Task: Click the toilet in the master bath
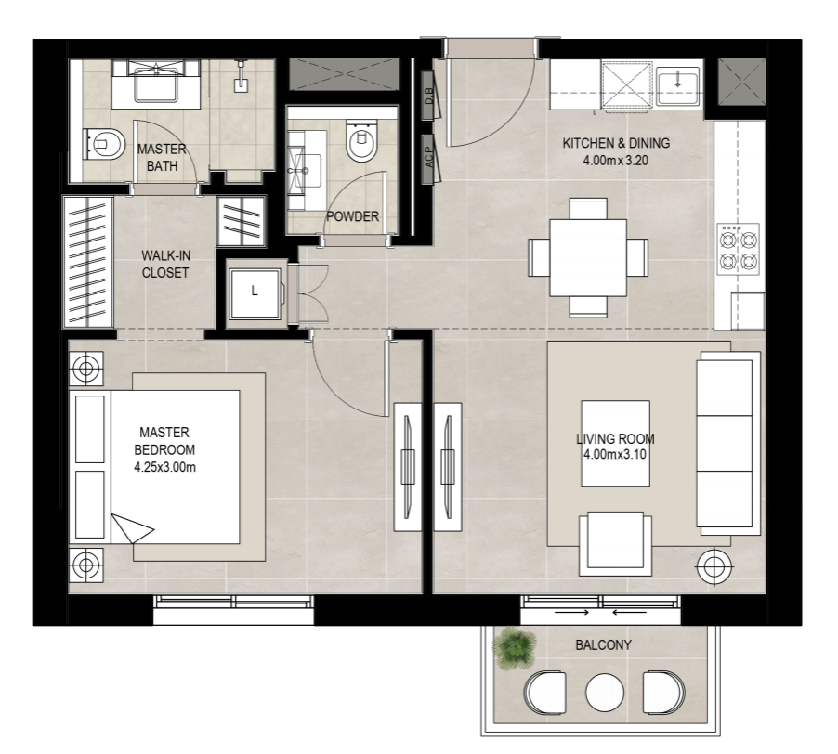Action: (105, 144)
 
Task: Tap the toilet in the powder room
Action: (361, 140)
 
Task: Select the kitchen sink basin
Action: (677, 86)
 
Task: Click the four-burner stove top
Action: (738, 249)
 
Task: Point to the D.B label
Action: (428, 97)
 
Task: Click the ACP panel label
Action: (428, 158)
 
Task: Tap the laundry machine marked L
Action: (255, 292)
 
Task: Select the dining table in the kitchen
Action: (588, 258)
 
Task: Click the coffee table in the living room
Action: (616, 443)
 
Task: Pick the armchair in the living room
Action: (615, 544)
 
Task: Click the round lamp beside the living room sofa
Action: (714, 566)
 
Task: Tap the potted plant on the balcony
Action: (514, 648)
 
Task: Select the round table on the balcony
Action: (604, 693)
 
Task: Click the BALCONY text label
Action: (603, 645)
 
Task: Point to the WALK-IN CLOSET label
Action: (165, 265)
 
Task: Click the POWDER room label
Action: (352, 216)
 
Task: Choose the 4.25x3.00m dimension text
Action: (164, 467)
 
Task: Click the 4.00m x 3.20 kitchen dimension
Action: (616, 161)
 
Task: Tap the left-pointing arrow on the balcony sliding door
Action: (629, 612)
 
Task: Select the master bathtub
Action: (156, 84)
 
